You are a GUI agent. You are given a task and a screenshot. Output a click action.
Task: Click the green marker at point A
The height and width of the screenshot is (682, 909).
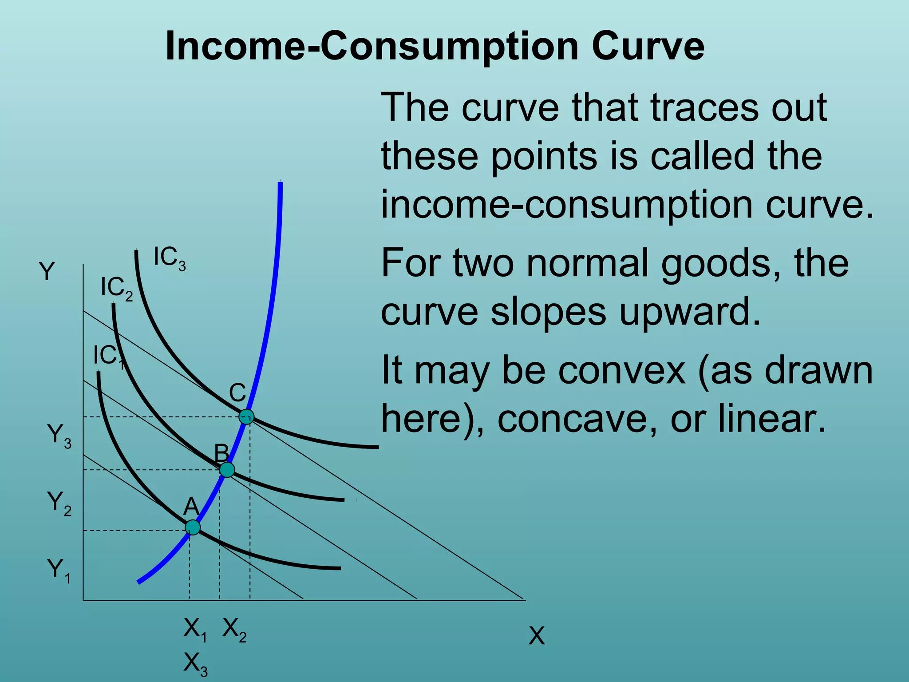pyautogui.click(x=193, y=527)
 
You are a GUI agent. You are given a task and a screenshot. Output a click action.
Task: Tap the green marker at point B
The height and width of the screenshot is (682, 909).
pyautogui.click(x=227, y=469)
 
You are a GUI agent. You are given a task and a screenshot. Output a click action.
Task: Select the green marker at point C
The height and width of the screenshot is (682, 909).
pyautogui.click(x=246, y=416)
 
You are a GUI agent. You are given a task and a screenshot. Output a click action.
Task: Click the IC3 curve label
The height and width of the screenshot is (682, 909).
pyautogui.click(x=170, y=258)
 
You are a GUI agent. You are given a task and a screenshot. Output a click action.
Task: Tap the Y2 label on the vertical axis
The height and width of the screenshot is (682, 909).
pyautogui.click(x=59, y=503)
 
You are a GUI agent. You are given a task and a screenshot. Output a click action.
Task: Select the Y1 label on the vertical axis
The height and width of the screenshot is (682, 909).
pyautogui.click(x=59, y=571)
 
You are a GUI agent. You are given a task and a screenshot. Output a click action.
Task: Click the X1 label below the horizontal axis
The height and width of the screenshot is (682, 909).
pyautogui.click(x=195, y=630)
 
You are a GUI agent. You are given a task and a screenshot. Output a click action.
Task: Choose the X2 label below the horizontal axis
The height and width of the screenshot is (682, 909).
pyautogui.click(x=234, y=630)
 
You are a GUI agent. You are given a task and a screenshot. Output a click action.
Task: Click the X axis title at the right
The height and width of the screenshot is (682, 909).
pyautogui.click(x=536, y=636)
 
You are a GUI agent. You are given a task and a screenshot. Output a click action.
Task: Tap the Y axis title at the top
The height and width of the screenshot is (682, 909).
pyautogui.click(x=47, y=271)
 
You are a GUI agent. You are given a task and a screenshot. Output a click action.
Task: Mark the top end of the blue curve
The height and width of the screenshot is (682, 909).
pyautogui.click(x=280, y=183)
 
